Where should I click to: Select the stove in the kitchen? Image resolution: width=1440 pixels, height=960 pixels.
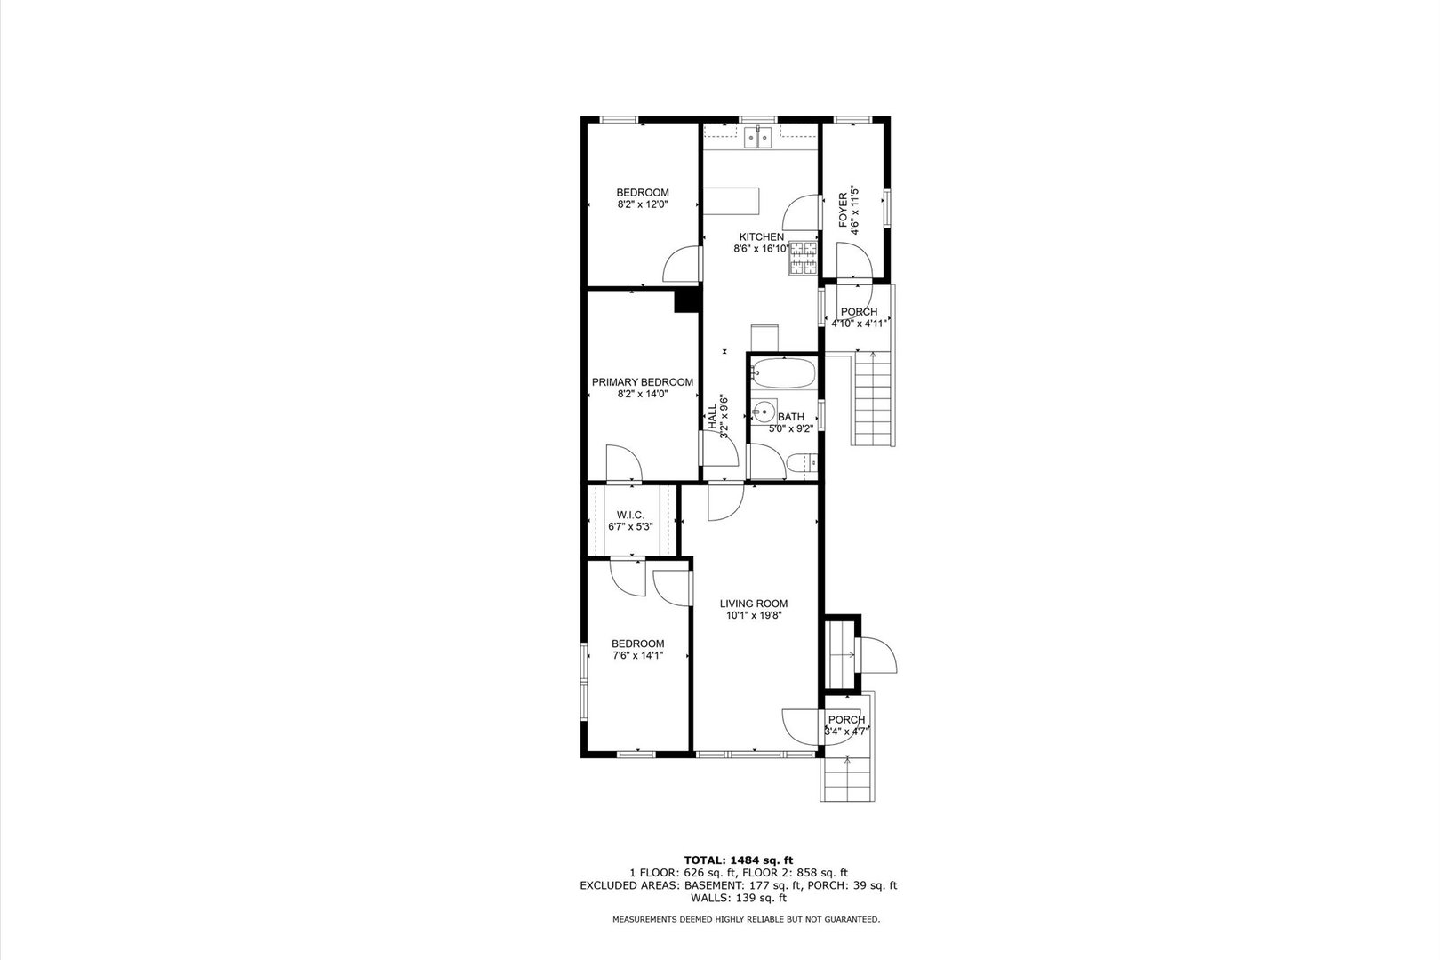point(804,258)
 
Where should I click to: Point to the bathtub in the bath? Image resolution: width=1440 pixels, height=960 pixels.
point(783,373)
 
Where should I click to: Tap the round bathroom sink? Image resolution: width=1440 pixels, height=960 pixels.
point(764,412)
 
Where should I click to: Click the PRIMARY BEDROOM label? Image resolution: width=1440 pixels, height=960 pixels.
point(643,382)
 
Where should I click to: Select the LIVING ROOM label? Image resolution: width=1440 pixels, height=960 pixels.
point(754,604)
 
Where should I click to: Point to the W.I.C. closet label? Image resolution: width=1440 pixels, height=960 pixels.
point(630,516)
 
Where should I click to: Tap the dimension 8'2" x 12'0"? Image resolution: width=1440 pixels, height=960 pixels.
point(643,204)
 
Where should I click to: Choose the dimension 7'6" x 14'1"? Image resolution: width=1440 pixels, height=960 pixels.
point(637,656)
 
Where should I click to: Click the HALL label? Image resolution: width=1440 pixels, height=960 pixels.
point(713,418)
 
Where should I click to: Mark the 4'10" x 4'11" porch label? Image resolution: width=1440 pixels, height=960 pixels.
point(860,324)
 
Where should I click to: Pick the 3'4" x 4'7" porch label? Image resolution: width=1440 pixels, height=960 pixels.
point(846,732)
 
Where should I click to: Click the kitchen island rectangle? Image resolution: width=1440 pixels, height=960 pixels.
point(732,200)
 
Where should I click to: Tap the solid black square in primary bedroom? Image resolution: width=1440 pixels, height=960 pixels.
point(686,300)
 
